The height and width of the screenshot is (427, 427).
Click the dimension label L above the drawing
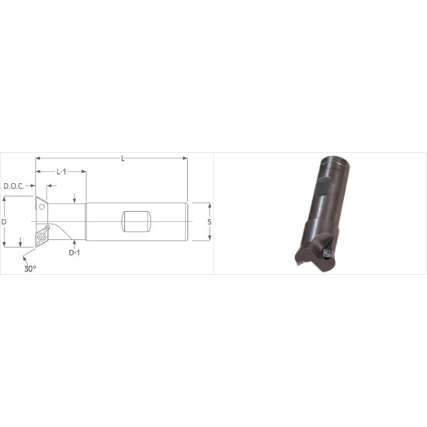(123, 159)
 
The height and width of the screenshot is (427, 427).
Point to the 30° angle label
(30, 268)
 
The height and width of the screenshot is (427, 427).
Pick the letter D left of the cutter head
(5, 222)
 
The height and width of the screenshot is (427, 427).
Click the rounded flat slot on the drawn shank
(136, 221)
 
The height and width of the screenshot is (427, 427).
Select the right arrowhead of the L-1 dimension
(83, 171)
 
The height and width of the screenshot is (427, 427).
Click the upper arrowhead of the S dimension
(209, 205)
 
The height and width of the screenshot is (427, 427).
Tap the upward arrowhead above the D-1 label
(75, 241)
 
